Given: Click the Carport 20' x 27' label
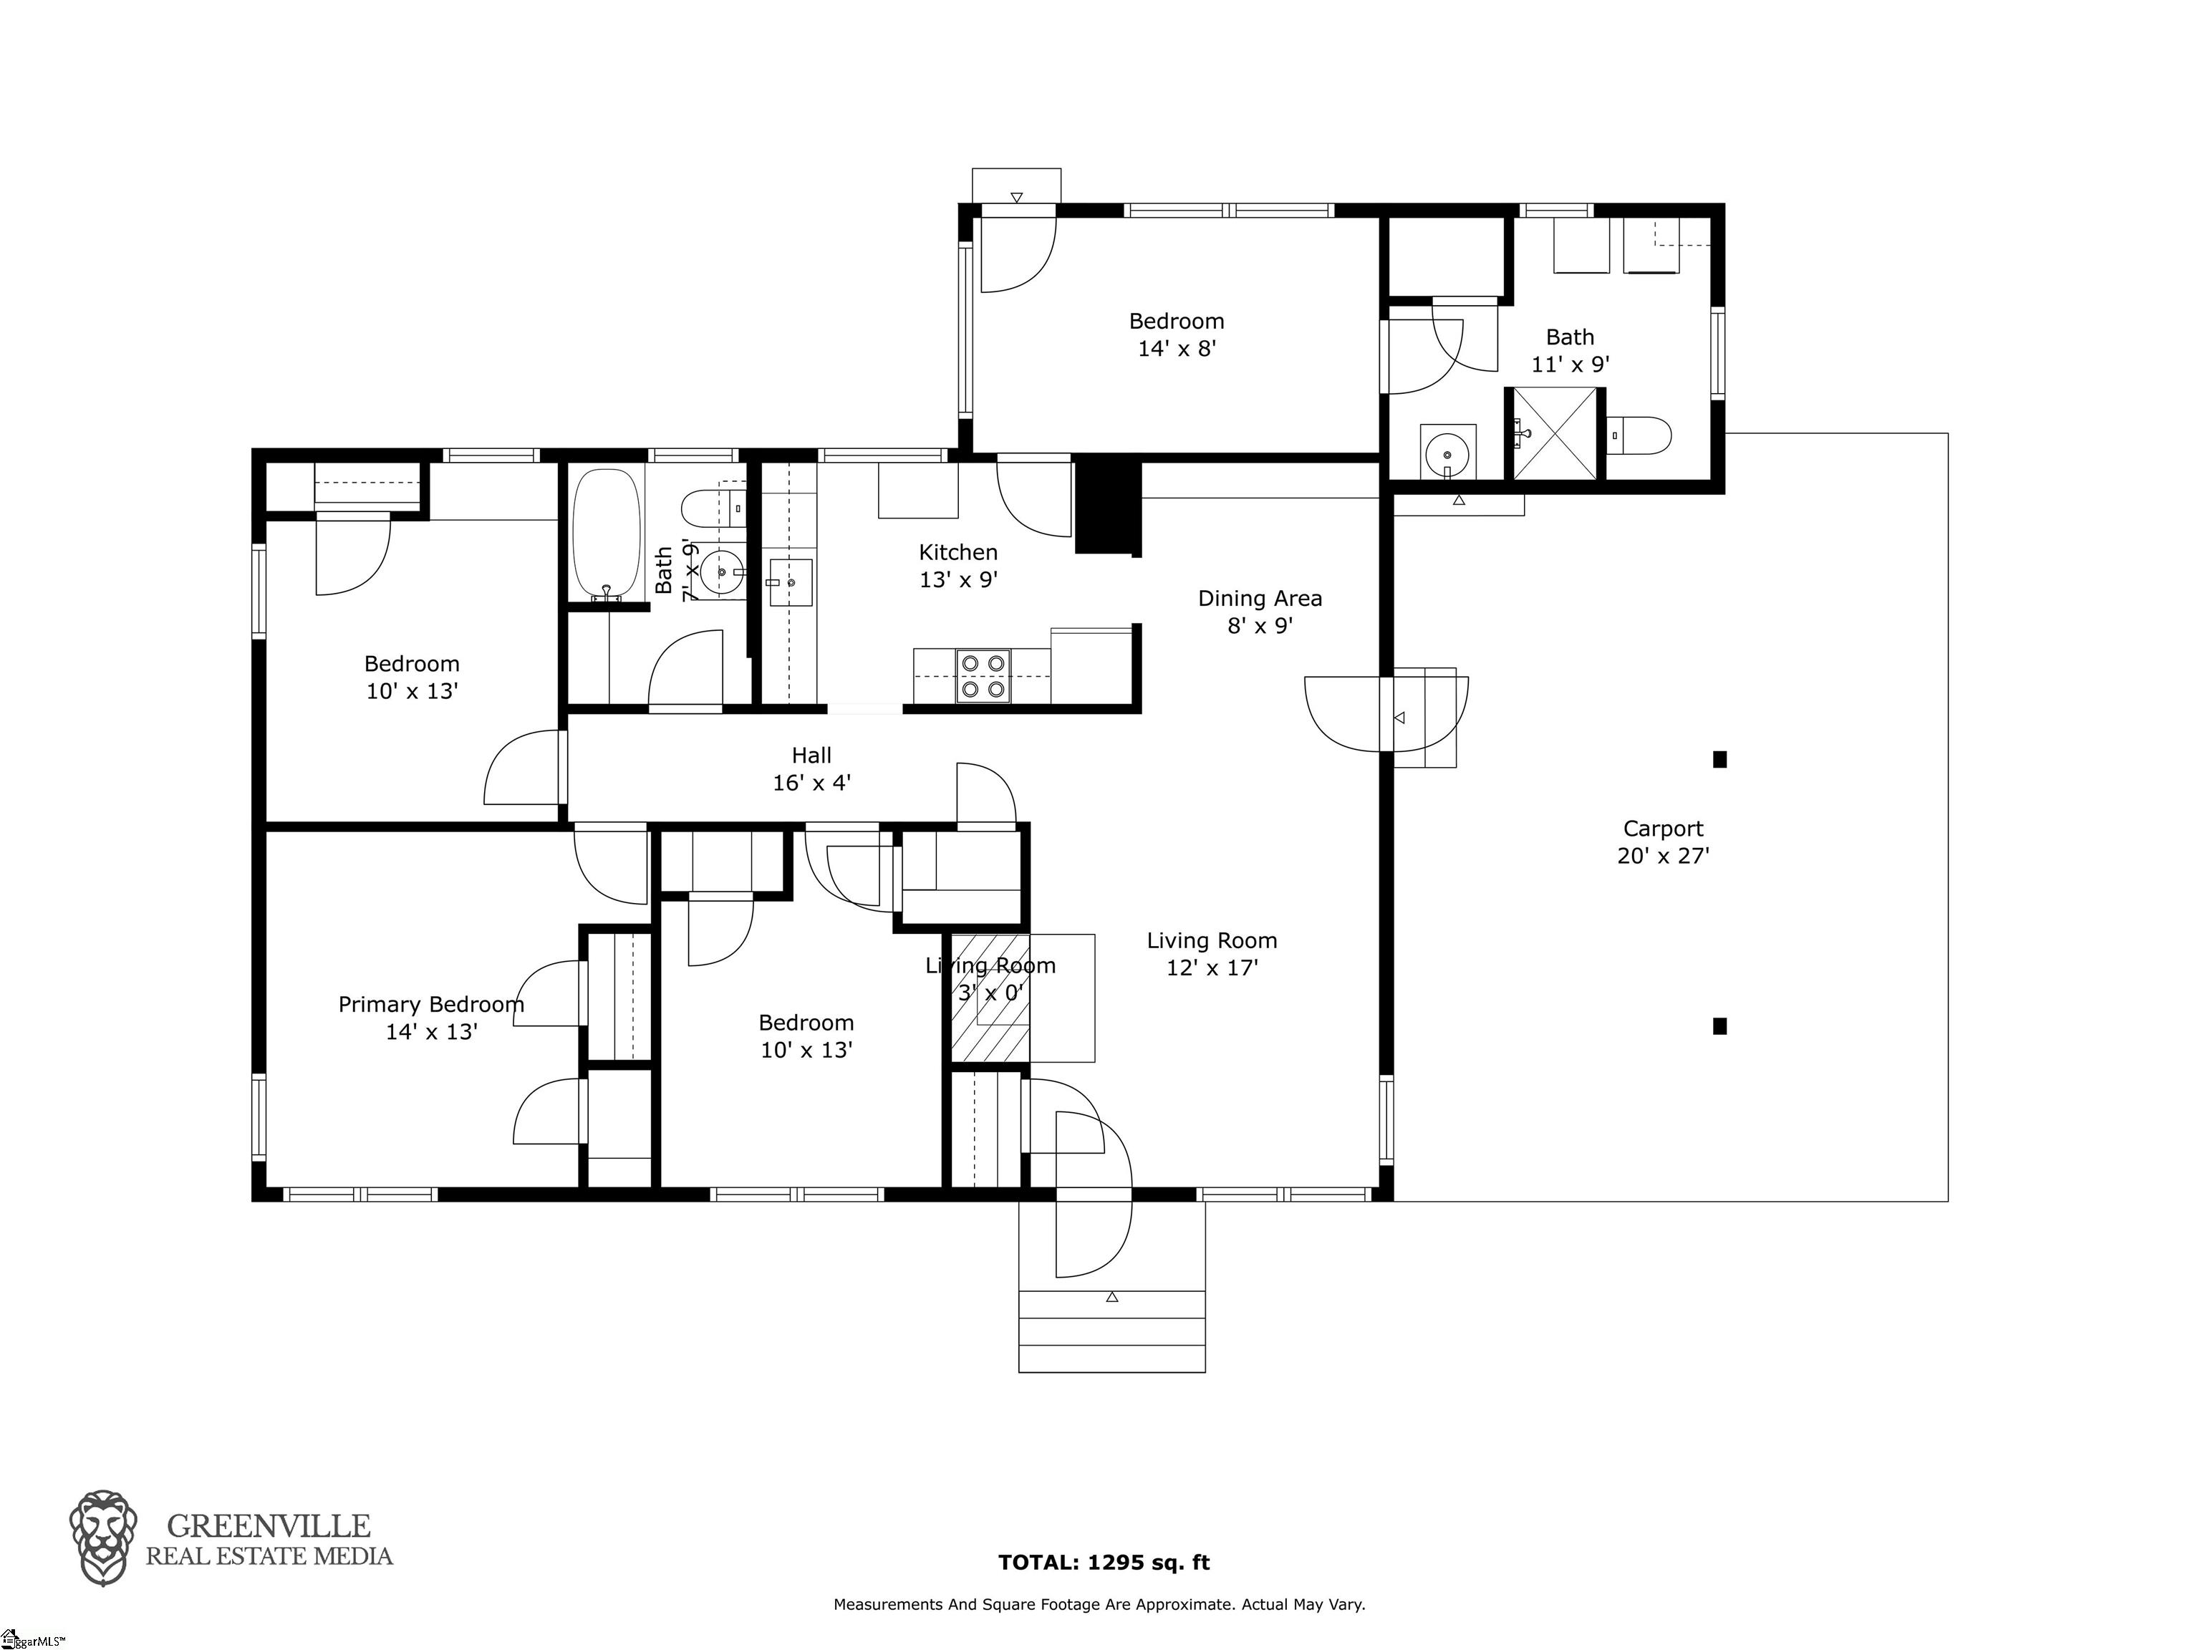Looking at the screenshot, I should click(1662, 841).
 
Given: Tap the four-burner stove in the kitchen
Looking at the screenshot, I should click(983, 675).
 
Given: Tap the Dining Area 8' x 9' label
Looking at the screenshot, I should click(1259, 612).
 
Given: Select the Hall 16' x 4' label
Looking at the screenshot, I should click(811, 769).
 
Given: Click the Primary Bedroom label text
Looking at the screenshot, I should click(430, 1005).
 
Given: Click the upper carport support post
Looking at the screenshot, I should click(1719, 760).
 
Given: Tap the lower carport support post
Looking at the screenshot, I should click(1719, 1026).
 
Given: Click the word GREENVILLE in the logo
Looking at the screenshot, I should click(269, 1525).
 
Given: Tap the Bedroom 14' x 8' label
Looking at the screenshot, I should click(1176, 334).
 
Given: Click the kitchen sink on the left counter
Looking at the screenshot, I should click(791, 582).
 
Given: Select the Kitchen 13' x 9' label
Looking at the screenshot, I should click(957, 565).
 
